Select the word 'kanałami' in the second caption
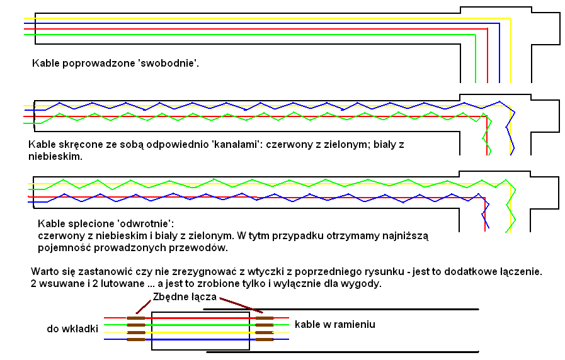236,145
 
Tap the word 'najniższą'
406,236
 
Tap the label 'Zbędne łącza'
185,297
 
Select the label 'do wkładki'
72,329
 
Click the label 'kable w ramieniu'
334,324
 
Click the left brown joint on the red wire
136,318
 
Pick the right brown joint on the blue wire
265,339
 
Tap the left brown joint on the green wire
136,325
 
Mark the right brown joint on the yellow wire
265,332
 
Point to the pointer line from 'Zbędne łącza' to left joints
144,307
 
